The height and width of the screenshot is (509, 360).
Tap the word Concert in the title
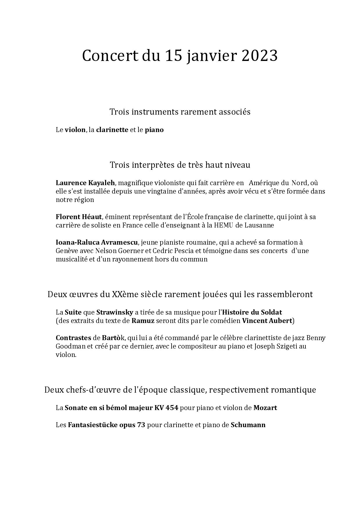(110, 56)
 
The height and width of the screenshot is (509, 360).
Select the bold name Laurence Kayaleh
(86, 183)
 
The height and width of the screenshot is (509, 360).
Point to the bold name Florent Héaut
(79, 217)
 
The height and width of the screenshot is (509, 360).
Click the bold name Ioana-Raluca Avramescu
(97, 242)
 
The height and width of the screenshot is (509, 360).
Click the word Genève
(65, 251)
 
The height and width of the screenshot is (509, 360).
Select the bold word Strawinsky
(115, 313)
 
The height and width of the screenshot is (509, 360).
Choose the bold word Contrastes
(73, 338)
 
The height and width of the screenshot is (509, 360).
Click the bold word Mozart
(265, 408)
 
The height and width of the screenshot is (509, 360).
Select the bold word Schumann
(248, 425)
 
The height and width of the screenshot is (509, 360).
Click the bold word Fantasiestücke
(92, 425)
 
